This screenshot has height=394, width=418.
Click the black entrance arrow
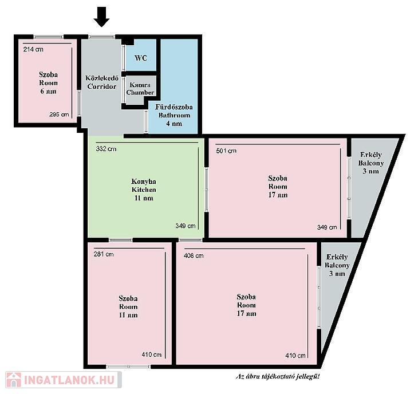[101, 17]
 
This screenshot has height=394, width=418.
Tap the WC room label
[141, 58]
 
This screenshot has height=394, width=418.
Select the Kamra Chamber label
[140, 89]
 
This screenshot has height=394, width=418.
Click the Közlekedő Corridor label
[101, 82]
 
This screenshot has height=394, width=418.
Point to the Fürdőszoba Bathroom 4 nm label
[174, 115]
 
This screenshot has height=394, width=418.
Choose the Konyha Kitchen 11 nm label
[144, 190]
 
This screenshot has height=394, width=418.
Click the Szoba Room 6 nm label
[48, 82]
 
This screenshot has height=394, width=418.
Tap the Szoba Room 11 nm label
[128, 306]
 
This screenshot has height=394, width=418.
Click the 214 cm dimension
[33, 49]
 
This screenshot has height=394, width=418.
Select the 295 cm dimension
[59, 115]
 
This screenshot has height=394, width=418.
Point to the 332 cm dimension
[106, 149]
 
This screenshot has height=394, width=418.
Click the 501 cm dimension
[226, 151]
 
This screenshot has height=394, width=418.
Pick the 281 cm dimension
[104, 254]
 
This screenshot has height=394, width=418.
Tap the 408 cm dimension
[194, 255]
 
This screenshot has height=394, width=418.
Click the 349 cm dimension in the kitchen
[186, 226]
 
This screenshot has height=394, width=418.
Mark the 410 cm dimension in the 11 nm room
[152, 354]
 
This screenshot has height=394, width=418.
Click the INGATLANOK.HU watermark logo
[64, 380]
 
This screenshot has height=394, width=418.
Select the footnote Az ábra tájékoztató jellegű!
[278, 376]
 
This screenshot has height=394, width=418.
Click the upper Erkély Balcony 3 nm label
[371, 163]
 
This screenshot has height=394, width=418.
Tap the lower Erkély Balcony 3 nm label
[337, 265]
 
